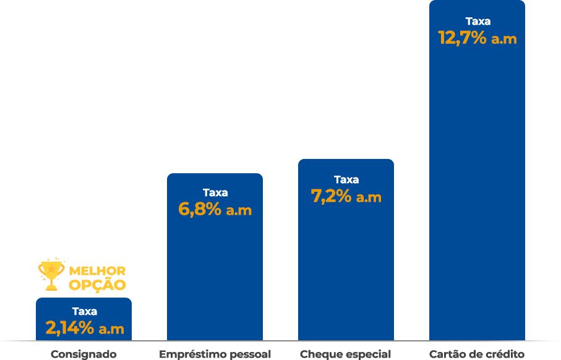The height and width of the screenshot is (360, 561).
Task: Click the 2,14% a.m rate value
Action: [x=85, y=328]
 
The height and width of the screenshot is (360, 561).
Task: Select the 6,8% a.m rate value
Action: [x=215, y=210]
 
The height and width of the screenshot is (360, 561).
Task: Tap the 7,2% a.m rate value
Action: [x=346, y=197]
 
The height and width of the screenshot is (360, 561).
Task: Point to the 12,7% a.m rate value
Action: [x=477, y=38]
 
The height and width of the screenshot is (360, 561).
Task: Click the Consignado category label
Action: [x=84, y=354]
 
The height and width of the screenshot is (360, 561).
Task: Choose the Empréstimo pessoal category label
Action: [x=215, y=354]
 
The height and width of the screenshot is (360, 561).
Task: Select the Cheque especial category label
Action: [x=345, y=354]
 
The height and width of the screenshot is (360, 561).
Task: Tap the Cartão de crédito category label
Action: [x=477, y=354]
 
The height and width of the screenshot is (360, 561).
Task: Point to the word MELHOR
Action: [x=97, y=272]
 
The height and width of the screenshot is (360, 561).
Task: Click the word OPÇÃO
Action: [x=97, y=285]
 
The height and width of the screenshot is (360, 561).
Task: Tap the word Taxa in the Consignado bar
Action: [x=84, y=311]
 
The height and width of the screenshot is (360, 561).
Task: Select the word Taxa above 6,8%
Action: [x=215, y=192]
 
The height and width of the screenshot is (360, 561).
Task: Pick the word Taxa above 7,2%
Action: [x=346, y=179]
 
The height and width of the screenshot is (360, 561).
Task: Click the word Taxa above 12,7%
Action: [x=477, y=21]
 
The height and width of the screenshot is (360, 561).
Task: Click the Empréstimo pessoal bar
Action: [x=215, y=278]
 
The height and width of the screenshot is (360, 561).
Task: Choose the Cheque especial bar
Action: [x=345, y=272]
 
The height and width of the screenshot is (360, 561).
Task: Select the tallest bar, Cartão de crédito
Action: [x=476, y=186]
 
